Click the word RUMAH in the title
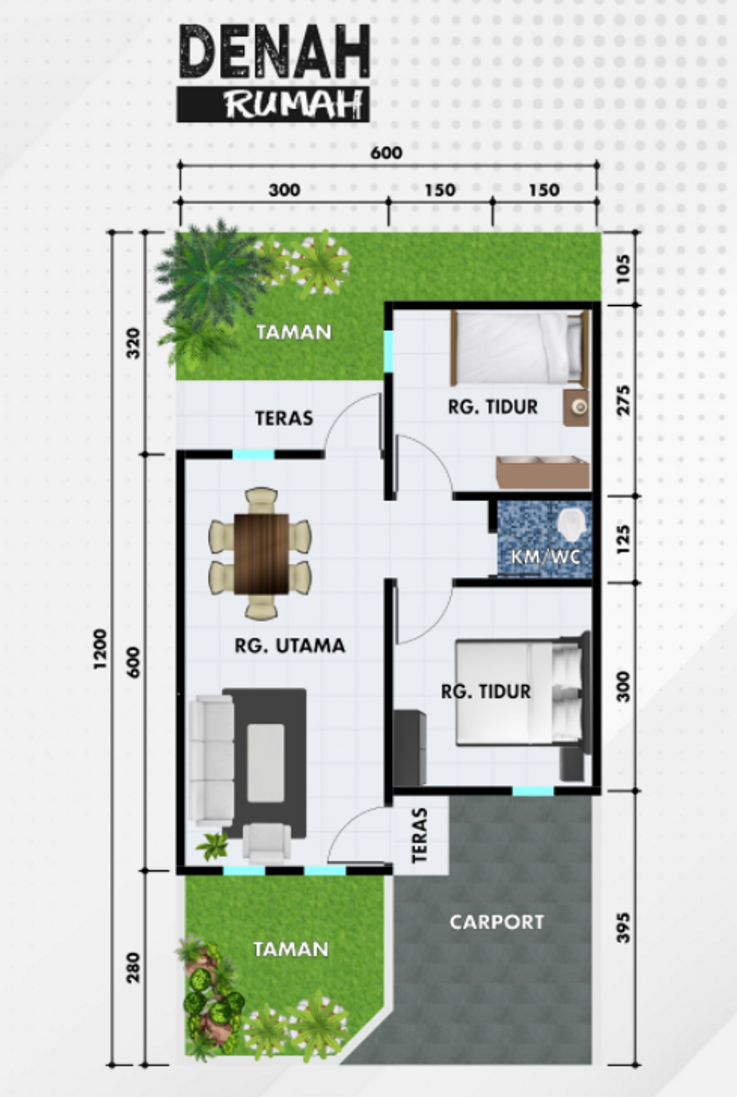[291, 105]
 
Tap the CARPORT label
[497, 922]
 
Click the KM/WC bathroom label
[545, 556]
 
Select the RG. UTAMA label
[289, 646]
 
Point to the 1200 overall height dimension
[100, 649]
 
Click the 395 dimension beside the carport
[623, 927]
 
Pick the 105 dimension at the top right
[623, 268]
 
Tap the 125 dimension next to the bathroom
[623, 539]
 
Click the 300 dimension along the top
[284, 190]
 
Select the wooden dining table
[261, 554]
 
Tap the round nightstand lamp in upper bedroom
[577, 407]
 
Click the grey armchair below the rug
[267, 843]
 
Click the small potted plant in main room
[213, 846]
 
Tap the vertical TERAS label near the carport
[420, 835]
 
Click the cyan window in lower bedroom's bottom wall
[533, 791]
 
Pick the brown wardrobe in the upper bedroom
[542, 472]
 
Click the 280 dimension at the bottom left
[133, 967]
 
